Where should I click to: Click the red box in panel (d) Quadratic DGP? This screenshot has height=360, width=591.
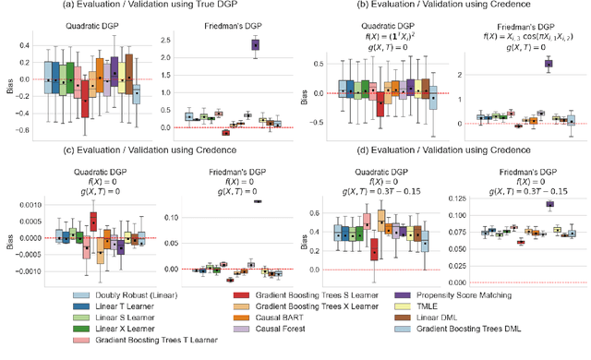pos(373,248)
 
